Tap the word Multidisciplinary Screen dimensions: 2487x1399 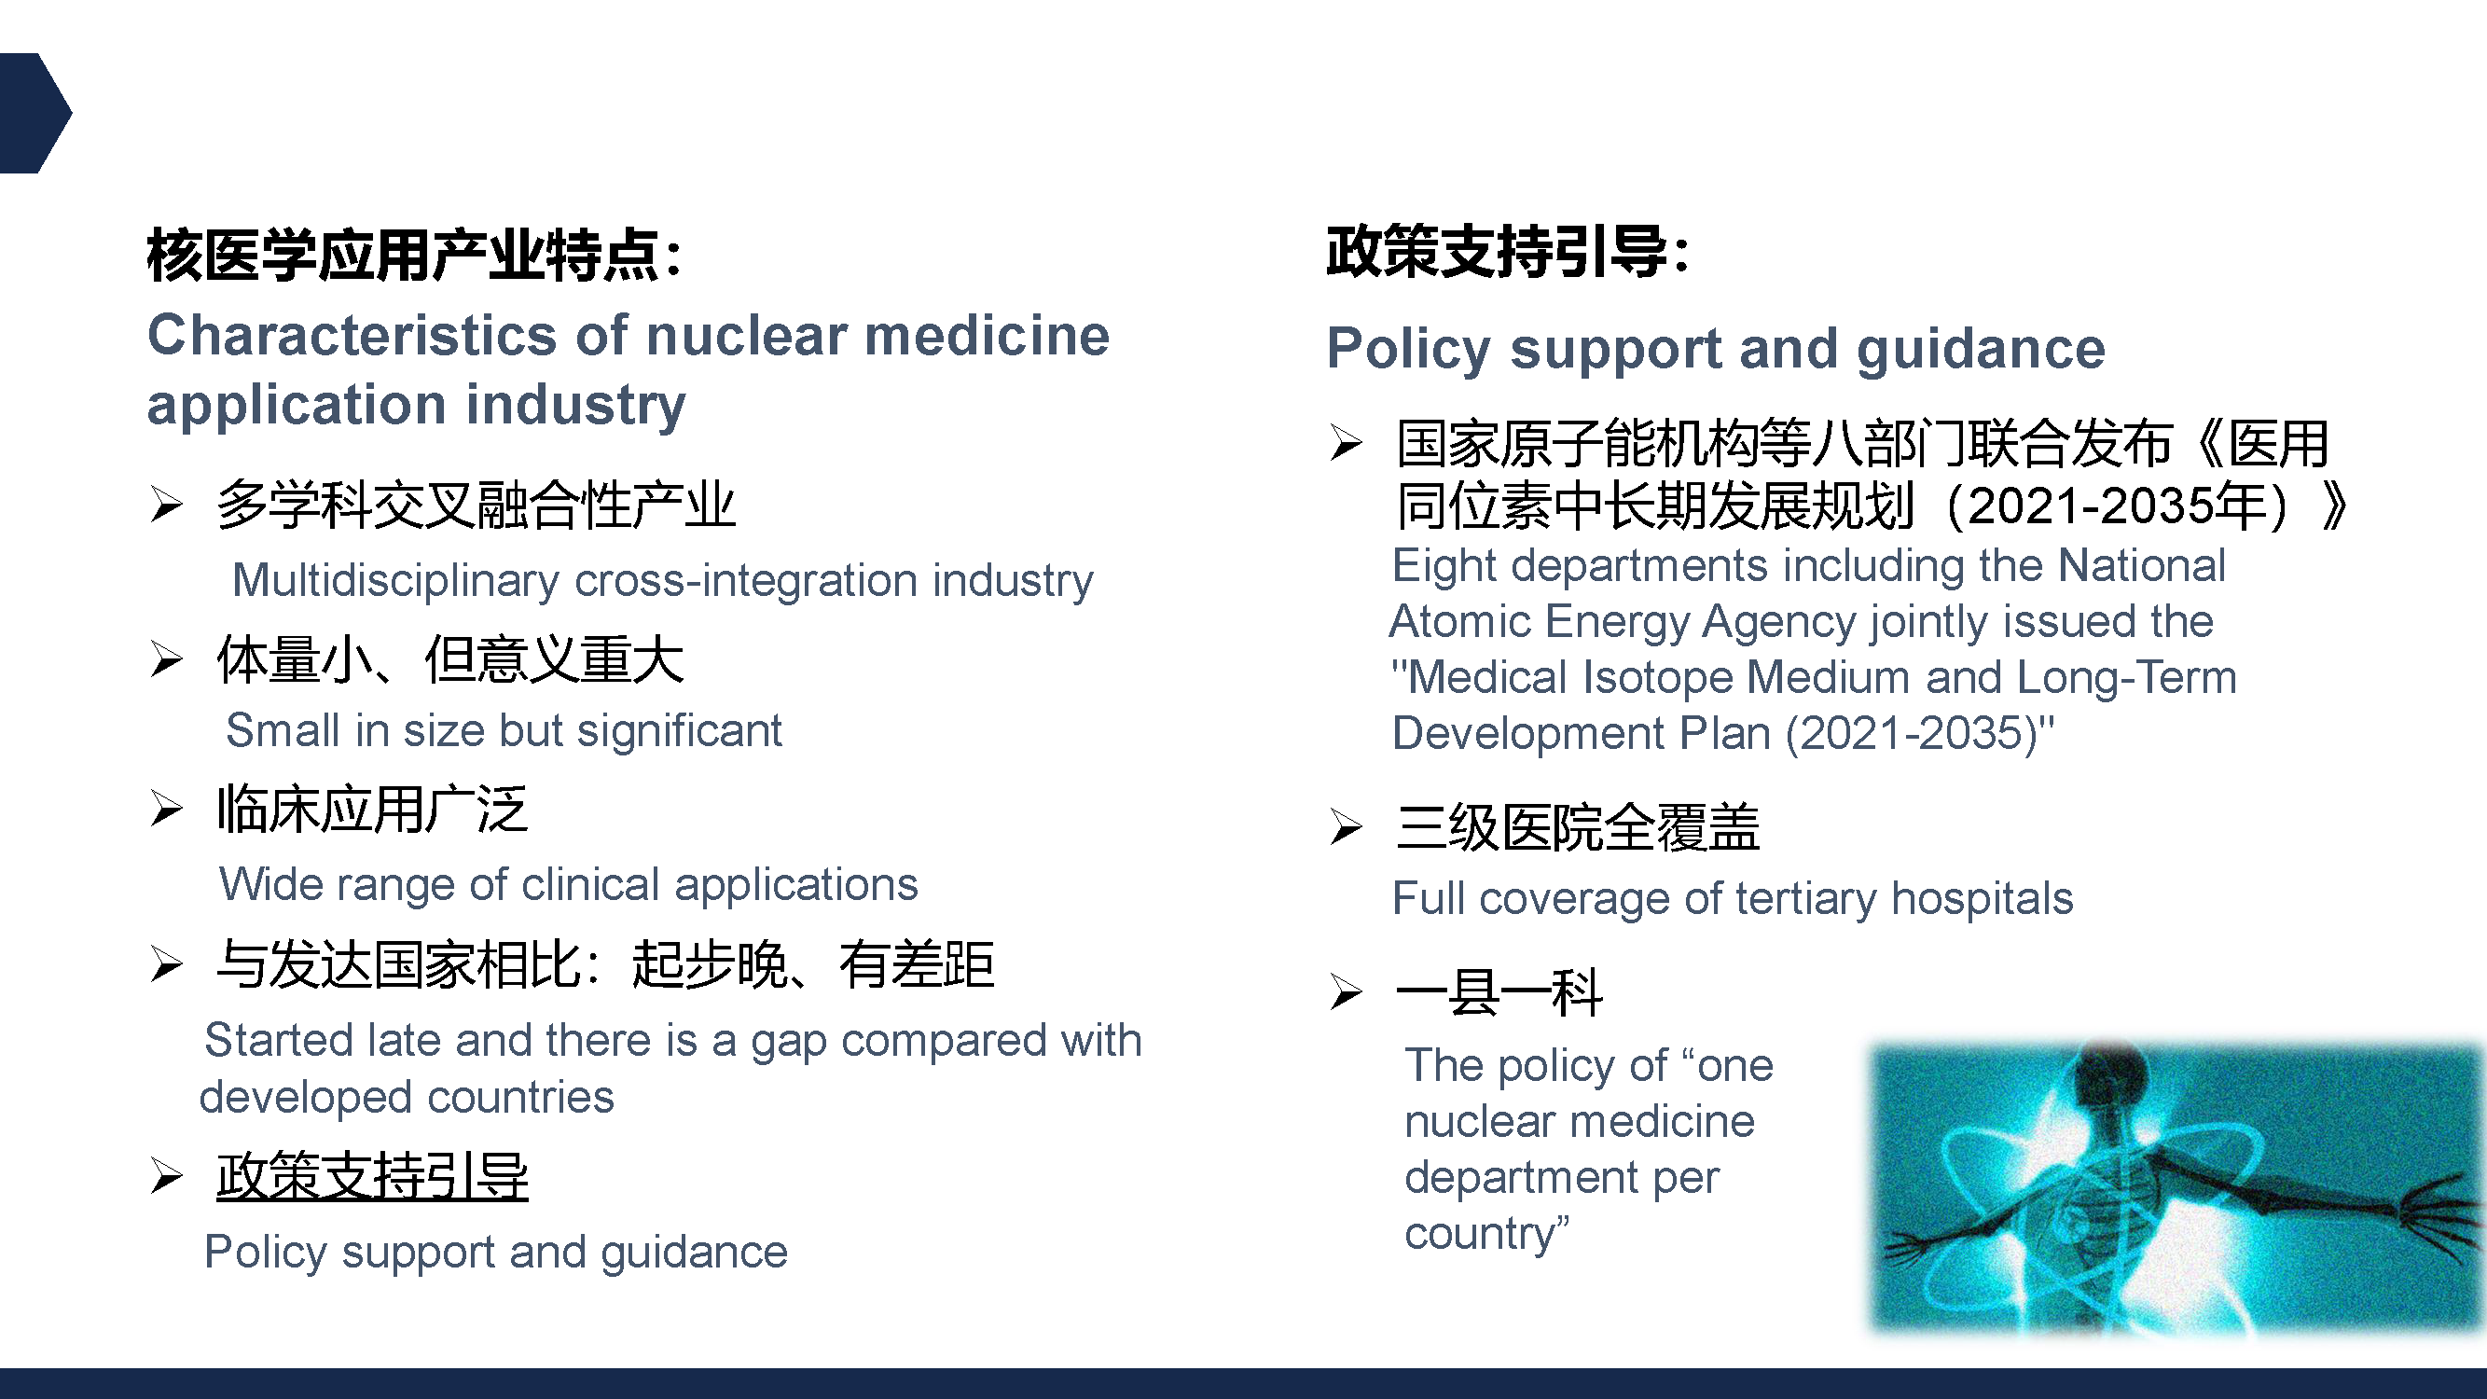(395, 581)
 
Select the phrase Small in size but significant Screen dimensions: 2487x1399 (504, 730)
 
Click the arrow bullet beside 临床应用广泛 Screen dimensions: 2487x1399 (166, 808)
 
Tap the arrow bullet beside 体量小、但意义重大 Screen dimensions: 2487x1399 (166, 659)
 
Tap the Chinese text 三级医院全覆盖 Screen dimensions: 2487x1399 (1579, 827)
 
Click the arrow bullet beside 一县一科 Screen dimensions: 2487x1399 (1346, 991)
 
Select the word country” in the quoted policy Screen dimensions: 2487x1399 (1486, 1234)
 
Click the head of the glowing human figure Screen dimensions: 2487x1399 (2107, 1072)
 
